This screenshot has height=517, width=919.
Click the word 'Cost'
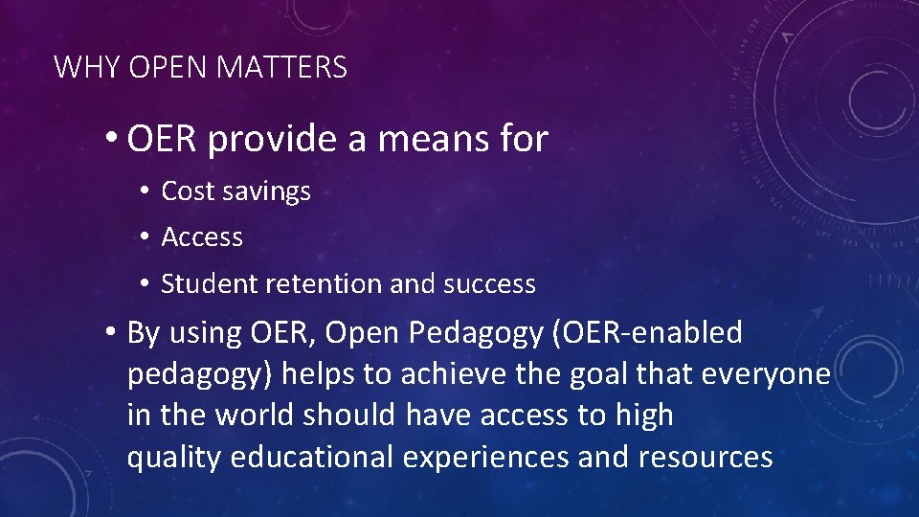click(x=187, y=191)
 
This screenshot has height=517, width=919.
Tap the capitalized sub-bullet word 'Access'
click(x=202, y=237)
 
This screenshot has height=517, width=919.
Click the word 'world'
click(x=250, y=416)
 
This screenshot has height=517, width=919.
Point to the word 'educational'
click(x=311, y=458)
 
